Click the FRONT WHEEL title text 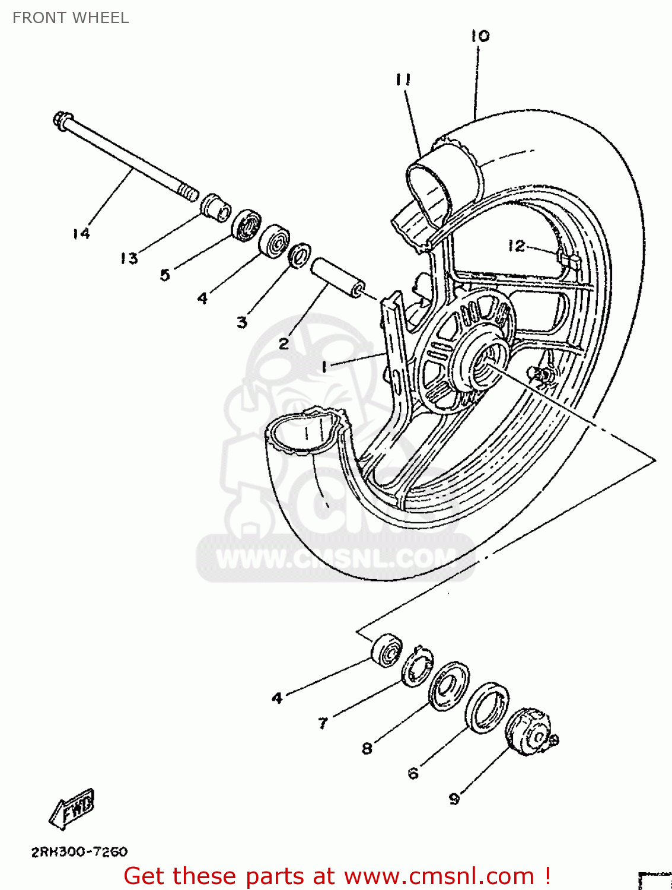(71, 18)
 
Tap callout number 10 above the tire (480, 36)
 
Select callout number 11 (403, 80)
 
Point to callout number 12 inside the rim (516, 246)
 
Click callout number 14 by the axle (81, 234)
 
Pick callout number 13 (129, 259)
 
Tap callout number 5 (165, 275)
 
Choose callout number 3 (242, 322)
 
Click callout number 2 (284, 344)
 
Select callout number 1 (324, 367)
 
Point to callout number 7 (323, 723)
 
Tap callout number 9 (454, 799)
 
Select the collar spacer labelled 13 (215, 208)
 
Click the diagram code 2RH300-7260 (79, 852)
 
